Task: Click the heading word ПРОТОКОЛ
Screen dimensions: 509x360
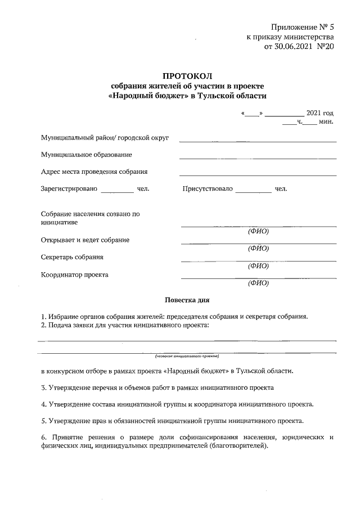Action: pyautogui.click(x=188, y=75)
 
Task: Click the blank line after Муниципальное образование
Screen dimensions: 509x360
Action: pyautogui.click(x=258, y=158)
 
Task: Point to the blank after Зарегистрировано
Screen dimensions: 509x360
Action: pyautogui.click(x=117, y=192)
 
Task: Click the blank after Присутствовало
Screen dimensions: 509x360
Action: pyautogui.click(x=253, y=192)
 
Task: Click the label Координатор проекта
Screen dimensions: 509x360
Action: pyautogui.click(x=75, y=275)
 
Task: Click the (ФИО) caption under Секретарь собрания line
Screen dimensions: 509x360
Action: pyautogui.click(x=258, y=266)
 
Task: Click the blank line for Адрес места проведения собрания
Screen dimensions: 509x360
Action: pyautogui.click(x=258, y=175)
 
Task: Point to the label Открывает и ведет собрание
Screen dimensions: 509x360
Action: pyautogui.click(x=85, y=240)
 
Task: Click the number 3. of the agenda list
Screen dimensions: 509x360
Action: pyautogui.click(x=44, y=388)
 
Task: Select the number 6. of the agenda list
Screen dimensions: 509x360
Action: pyautogui.click(x=44, y=437)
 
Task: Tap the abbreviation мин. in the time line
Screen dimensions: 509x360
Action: pyautogui.click(x=326, y=121)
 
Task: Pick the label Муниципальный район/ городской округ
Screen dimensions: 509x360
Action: pyautogui.click(x=105, y=138)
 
